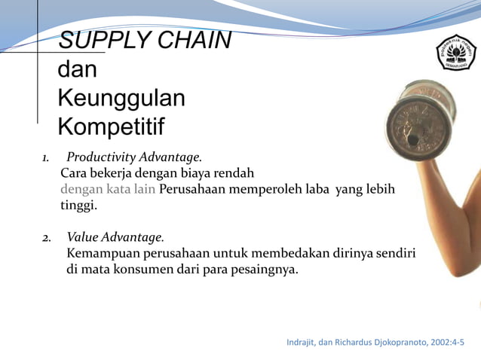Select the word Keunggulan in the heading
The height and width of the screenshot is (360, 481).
click(x=121, y=98)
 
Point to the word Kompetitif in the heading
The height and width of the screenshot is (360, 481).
click(x=111, y=126)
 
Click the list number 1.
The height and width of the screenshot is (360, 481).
click(x=45, y=158)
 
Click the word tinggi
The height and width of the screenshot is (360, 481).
click(x=79, y=205)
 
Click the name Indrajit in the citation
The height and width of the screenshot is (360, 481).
click(x=303, y=343)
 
